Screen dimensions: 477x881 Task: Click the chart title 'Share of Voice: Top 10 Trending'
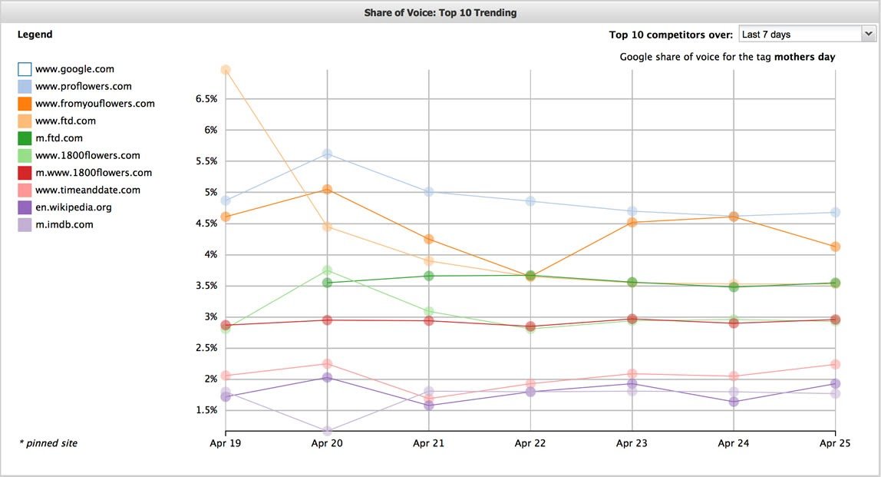click(x=440, y=12)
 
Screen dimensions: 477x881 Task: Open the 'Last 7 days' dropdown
click(x=807, y=34)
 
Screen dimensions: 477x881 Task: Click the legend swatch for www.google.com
click(x=25, y=69)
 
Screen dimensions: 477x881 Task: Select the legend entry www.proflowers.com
click(x=83, y=86)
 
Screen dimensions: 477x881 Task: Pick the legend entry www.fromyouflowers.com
click(x=94, y=104)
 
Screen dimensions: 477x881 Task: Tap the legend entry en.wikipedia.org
click(x=74, y=207)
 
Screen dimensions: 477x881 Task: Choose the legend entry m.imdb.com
click(x=64, y=224)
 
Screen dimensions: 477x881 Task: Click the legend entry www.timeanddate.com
click(x=87, y=190)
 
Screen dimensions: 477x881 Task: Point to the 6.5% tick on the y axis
click(x=206, y=99)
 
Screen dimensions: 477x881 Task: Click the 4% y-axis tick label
click(x=210, y=254)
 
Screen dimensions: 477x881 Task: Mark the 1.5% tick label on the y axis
click(x=206, y=410)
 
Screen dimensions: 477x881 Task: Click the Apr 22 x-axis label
click(x=530, y=443)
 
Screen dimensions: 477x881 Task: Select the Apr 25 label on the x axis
click(x=835, y=443)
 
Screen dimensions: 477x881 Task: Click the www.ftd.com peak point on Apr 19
click(x=226, y=70)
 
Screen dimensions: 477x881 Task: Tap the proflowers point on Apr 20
click(x=328, y=154)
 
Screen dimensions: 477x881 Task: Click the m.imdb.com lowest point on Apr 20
click(x=328, y=431)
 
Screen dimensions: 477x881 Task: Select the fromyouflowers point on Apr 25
click(x=835, y=247)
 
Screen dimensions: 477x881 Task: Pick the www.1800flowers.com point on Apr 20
click(x=328, y=270)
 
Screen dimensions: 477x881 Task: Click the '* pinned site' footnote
click(x=48, y=443)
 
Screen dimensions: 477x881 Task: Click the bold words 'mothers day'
click(x=804, y=57)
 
